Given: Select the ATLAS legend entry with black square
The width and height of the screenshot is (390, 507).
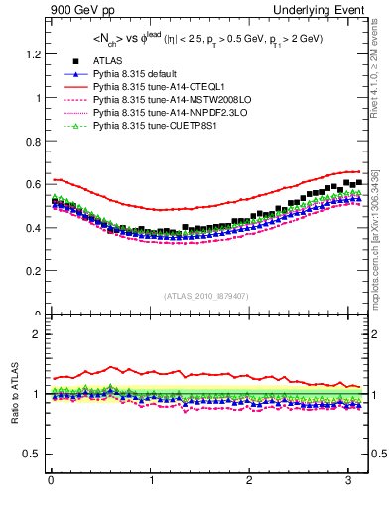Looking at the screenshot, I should (x=110, y=61).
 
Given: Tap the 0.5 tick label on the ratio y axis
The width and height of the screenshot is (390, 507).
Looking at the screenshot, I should (x=33, y=454).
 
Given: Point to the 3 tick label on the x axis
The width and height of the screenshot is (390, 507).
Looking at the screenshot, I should (x=347, y=480).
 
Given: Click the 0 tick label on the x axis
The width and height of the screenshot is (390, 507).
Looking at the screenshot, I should (x=51, y=480).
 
